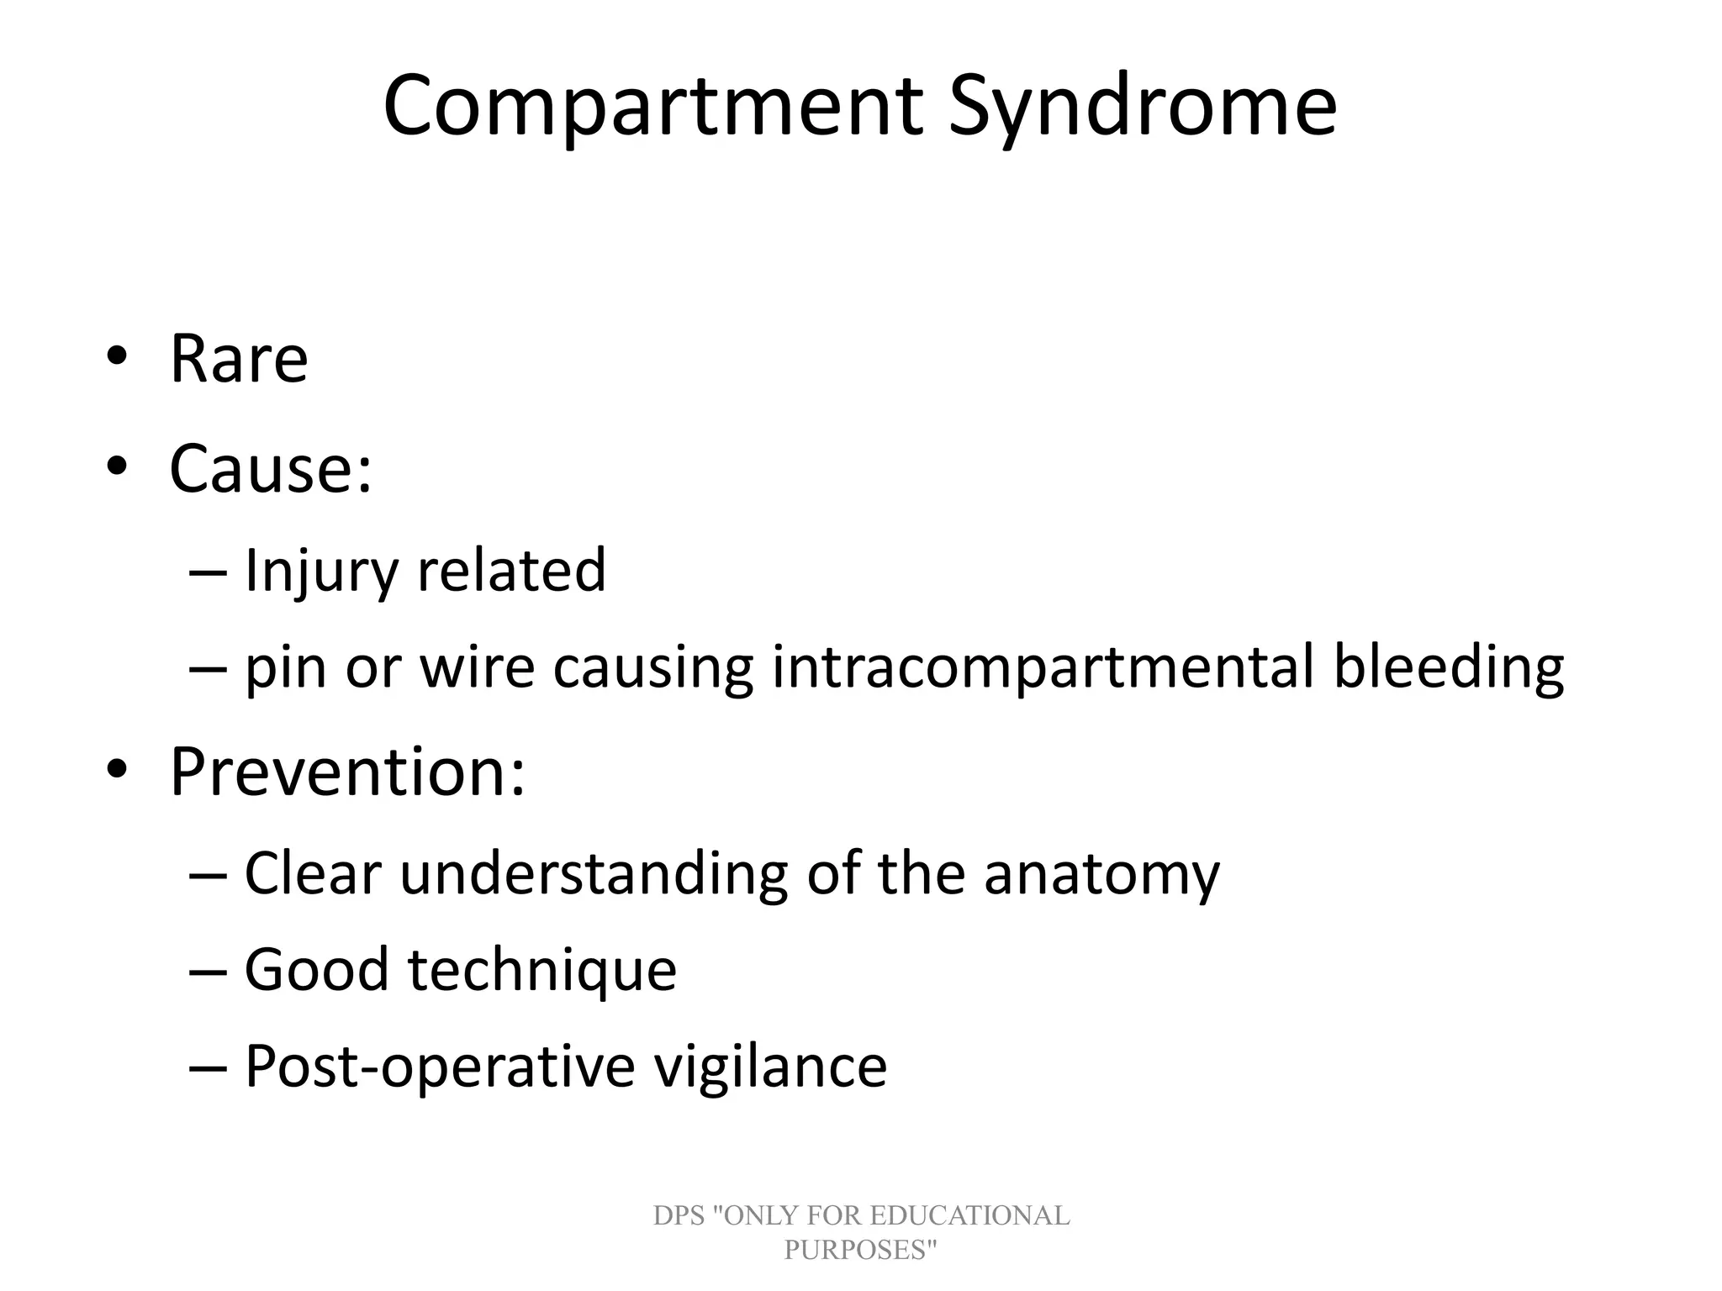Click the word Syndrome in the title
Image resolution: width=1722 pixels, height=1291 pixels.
click(x=1142, y=107)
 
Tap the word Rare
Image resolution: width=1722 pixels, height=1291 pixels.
click(x=239, y=359)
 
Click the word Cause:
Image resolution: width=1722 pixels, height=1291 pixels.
click(x=270, y=468)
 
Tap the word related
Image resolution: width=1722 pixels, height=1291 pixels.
click(x=511, y=571)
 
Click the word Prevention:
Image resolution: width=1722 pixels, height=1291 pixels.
click(x=347, y=772)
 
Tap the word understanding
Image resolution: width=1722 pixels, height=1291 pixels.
click(x=593, y=873)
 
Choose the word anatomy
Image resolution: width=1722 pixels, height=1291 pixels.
click(x=1101, y=873)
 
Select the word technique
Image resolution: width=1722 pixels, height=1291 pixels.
click(x=542, y=969)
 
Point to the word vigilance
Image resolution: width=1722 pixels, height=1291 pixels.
click(x=770, y=1066)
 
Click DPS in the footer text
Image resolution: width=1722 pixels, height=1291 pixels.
click(x=678, y=1215)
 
